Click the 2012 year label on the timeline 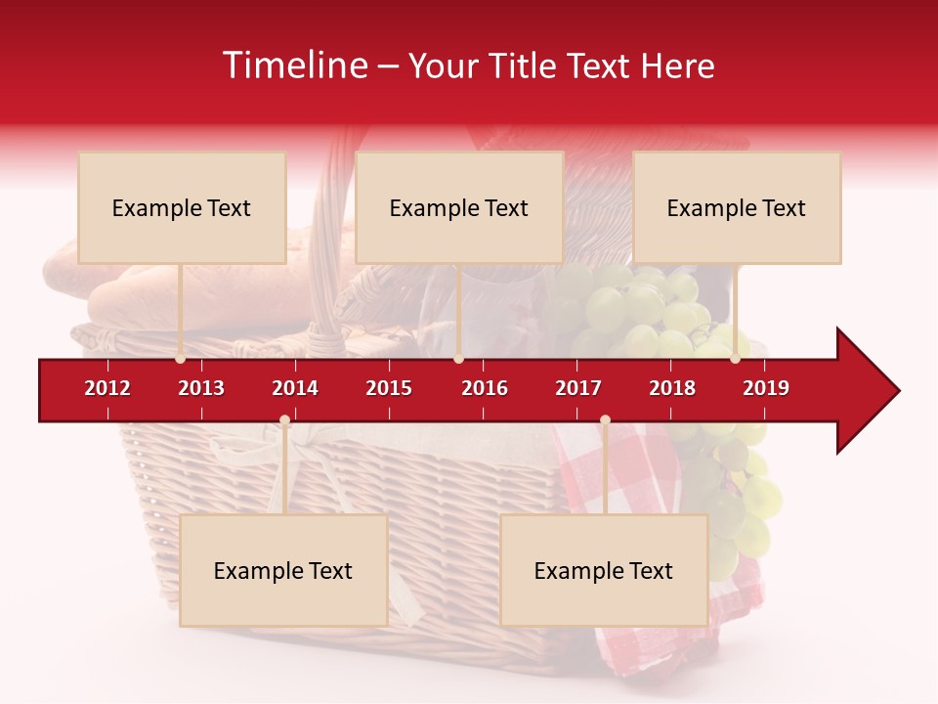coord(107,388)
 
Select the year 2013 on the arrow coord(201,388)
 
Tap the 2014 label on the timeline coord(295,388)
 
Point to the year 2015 coord(389,388)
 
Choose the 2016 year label coord(485,388)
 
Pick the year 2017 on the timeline coord(578,388)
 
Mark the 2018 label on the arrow coord(672,388)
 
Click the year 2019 coord(766,388)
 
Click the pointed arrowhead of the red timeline coord(874,390)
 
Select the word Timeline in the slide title coord(293,66)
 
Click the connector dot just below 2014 coord(284,420)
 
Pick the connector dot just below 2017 coord(605,420)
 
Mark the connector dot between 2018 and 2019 coord(736,359)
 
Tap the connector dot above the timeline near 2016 coord(458,359)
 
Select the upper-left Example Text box coord(182,207)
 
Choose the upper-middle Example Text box coord(459,207)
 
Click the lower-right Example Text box coord(604,570)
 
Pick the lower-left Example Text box coord(283,570)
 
